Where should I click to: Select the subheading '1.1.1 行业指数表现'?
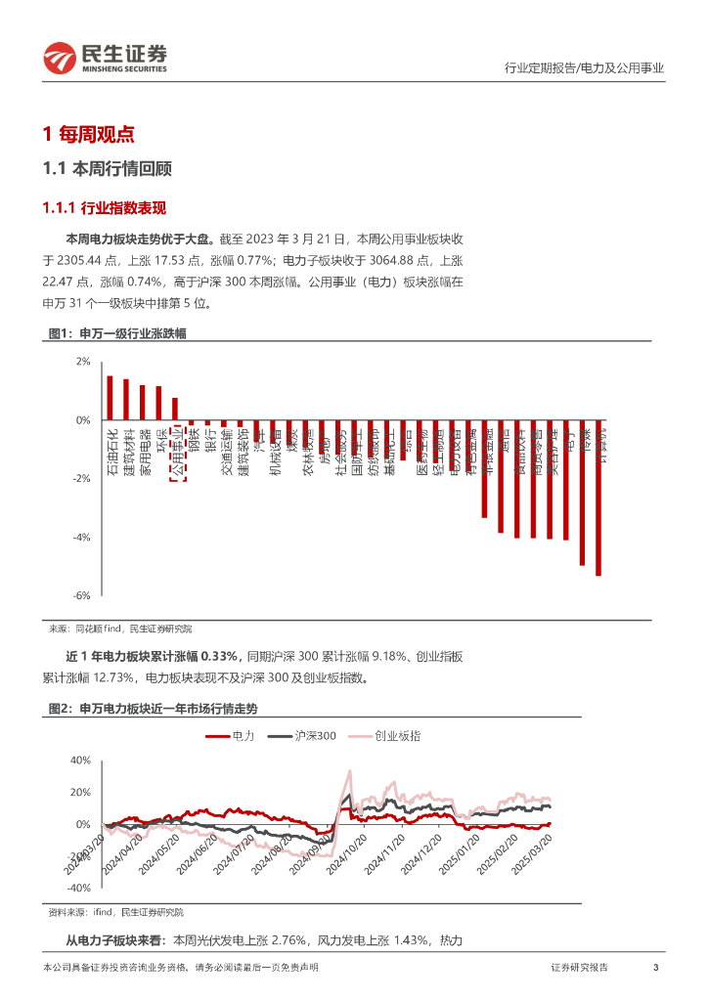105,207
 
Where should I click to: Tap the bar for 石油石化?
111,398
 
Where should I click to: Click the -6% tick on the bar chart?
82,595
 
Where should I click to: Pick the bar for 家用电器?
143,403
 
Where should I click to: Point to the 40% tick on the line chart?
80,761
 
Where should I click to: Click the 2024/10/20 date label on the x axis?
348,856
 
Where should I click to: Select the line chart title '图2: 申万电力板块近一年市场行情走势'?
153,708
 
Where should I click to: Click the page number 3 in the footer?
654,968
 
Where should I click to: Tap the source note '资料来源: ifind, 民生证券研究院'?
116,912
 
